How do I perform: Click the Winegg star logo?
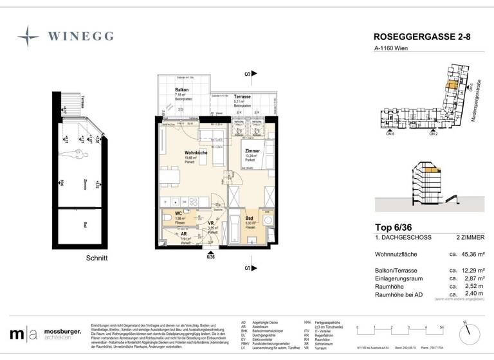pos(28,37)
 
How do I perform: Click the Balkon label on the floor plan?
pos(181,91)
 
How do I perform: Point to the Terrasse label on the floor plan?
pos(242,95)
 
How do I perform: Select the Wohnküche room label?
pos(178,153)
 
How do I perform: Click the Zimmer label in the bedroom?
pos(252,150)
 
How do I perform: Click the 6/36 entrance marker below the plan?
pos(210,256)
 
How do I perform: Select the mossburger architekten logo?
pos(44,334)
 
